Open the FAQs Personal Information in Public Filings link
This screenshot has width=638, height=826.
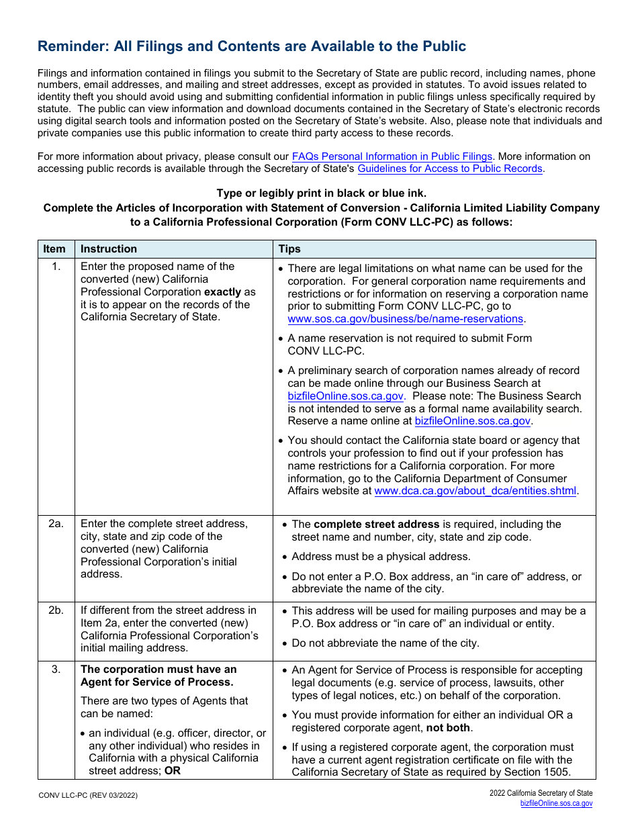pyautogui.click(x=392, y=156)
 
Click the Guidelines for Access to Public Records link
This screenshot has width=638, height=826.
pyautogui.click(x=449, y=169)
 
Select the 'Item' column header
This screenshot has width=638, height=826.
pyautogui.click(x=54, y=249)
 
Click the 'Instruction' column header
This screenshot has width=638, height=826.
pyautogui.click(x=109, y=249)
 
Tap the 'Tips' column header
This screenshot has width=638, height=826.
pyautogui.click(x=289, y=249)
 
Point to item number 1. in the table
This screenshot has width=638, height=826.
pyautogui.click(x=56, y=267)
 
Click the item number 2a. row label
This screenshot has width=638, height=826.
pyautogui.click(x=56, y=524)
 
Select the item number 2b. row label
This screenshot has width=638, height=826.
pyautogui.click(x=56, y=610)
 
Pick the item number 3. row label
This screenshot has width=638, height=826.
pyautogui.click(x=56, y=670)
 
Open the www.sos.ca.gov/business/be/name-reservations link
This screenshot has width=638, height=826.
pyautogui.click(x=405, y=319)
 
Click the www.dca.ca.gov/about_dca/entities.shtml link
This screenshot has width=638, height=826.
pyautogui.click(x=475, y=491)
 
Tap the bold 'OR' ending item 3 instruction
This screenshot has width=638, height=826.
pyautogui.click(x=173, y=771)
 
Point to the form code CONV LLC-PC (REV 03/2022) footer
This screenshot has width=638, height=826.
pyautogui.click(x=88, y=795)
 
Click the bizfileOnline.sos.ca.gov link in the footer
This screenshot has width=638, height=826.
pyautogui.click(x=556, y=803)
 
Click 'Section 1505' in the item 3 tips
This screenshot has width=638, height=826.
pyautogui.click(x=537, y=772)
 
